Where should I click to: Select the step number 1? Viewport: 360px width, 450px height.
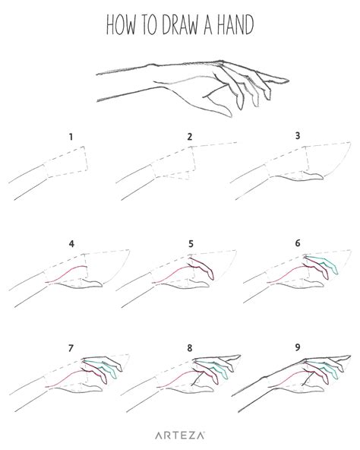tap(71, 138)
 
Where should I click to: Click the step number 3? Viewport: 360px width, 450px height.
tap(298, 136)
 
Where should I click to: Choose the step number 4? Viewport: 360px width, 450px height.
tap(71, 244)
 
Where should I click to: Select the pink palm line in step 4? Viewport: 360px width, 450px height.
tap(67, 274)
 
